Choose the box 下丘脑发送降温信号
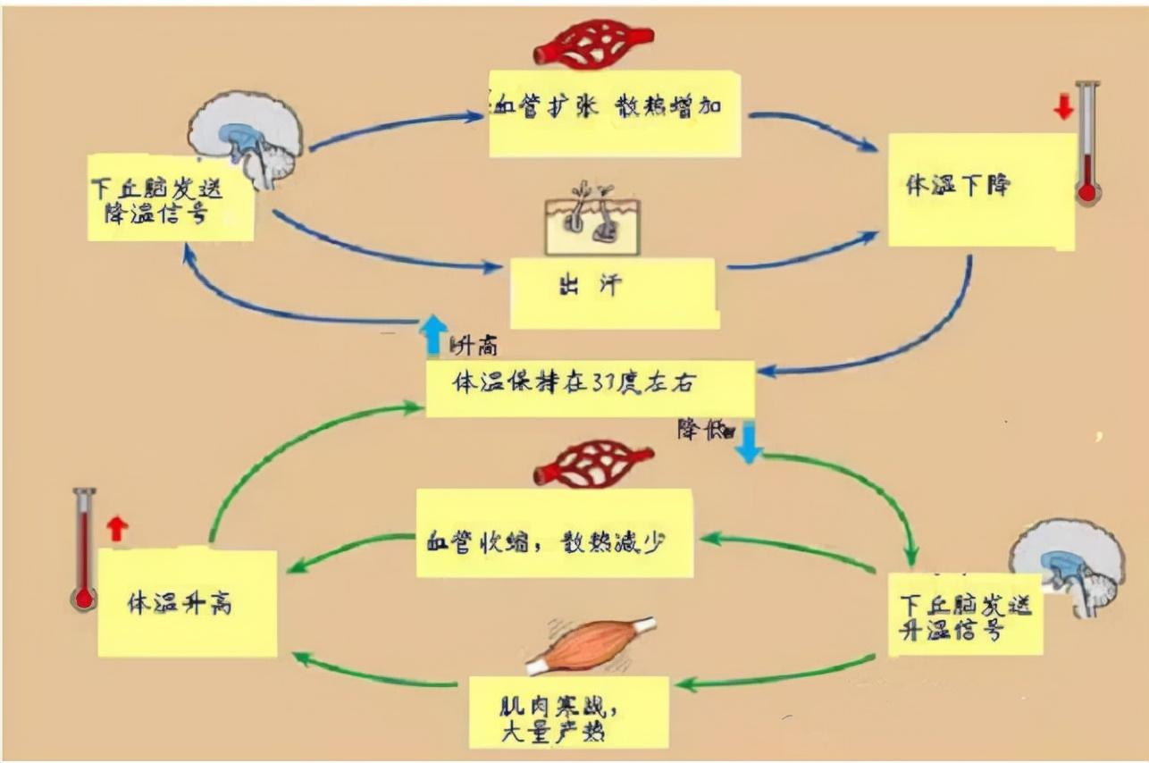tap(170, 198)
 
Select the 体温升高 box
tap(187, 603)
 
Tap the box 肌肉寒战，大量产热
tap(569, 712)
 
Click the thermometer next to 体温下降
tap(1086, 143)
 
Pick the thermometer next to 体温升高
tap(84, 549)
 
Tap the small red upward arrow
tap(116, 528)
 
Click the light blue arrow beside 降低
tap(748, 442)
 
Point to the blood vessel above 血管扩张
tap(593, 43)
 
